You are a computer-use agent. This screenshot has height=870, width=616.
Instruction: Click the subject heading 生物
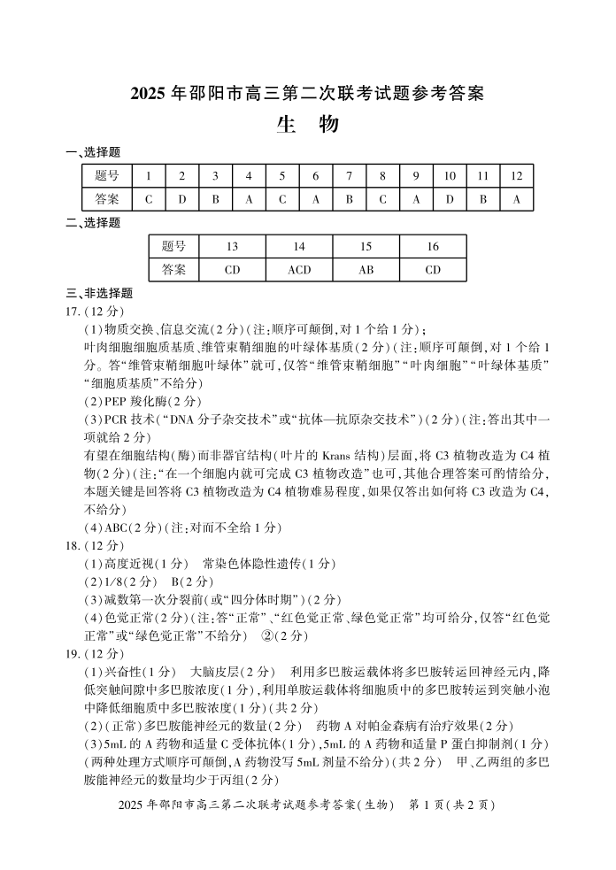[x=307, y=126]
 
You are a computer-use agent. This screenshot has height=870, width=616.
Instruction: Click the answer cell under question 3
[x=215, y=199]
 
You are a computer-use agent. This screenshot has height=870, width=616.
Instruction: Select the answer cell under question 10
[x=450, y=199]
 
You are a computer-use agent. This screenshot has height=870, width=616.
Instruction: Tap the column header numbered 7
[x=349, y=175]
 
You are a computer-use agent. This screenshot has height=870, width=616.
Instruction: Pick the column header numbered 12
[x=517, y=175]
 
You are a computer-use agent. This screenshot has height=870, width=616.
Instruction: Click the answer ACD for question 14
[x=299, y=269]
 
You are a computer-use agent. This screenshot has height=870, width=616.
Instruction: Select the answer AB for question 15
[x=366, y=269]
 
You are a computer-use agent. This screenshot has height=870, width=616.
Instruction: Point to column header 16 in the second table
[x=433, y=246]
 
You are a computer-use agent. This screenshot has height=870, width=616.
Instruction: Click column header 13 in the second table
[x=232, y=246]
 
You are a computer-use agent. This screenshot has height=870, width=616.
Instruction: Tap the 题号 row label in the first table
[x=106, y=175]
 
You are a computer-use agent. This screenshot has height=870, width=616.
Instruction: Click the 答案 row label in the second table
[x=173, y=269]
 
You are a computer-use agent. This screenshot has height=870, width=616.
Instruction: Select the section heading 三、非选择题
[x=99, y=293]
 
